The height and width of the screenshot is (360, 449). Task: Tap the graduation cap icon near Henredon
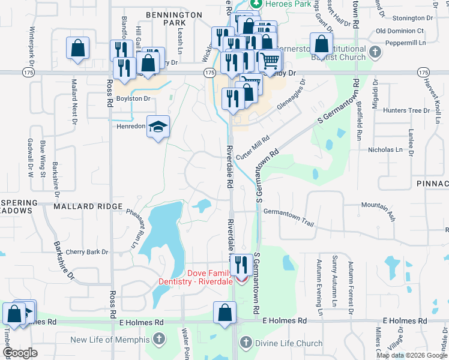coord(158,127)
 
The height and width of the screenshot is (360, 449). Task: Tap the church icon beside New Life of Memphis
coord(158,340)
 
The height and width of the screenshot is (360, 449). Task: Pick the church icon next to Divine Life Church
coord(245,343)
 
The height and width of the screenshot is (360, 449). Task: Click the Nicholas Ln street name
coord(385,149)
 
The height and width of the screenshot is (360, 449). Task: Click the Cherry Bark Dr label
coord(87,252)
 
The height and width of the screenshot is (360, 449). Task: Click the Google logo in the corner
coord(20,353)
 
